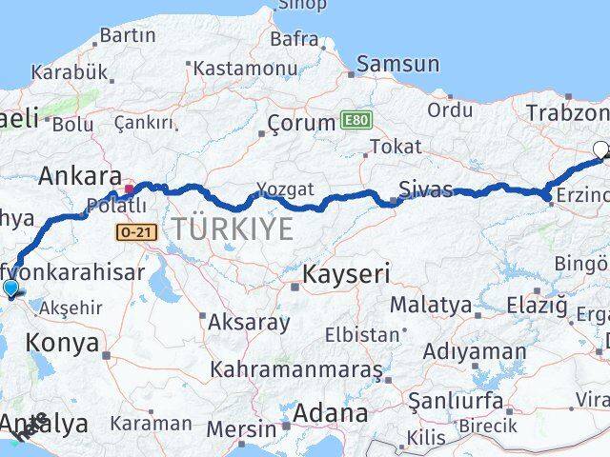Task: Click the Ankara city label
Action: tap(79, 176)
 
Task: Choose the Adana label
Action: tap(331, 413)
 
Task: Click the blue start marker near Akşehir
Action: tap(10, 288)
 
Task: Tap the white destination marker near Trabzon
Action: tap(601, 149)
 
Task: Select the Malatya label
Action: tap(430, 305)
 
